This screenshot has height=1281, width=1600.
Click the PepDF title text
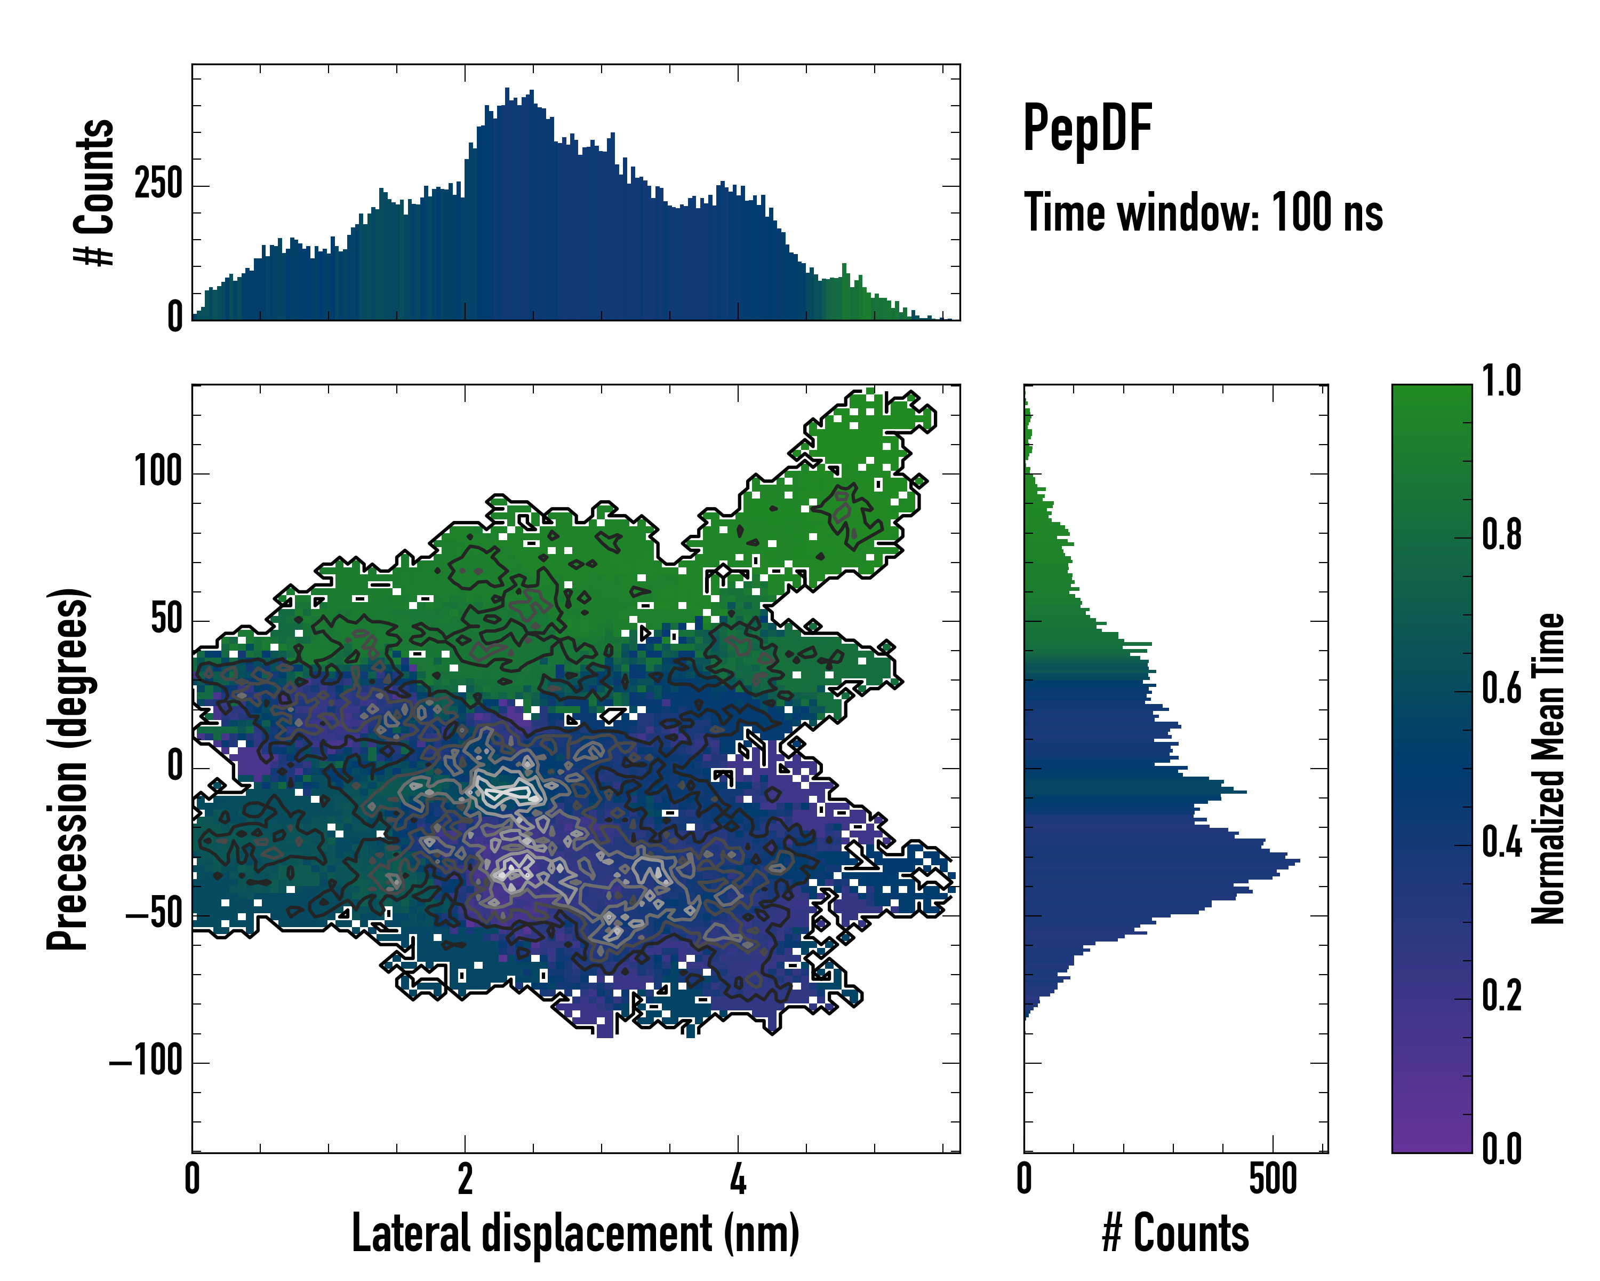click(x=1087, y=129)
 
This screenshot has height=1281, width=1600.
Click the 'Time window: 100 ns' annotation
click(x=1203, y=213)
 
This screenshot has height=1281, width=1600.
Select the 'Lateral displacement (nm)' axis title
click(x=575, y=1233)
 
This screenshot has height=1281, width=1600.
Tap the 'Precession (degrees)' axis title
click(x=68, y=769)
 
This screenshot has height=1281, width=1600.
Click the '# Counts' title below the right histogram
click(x=1175, y=1233)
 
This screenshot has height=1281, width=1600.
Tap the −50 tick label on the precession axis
click(x=154, y=914)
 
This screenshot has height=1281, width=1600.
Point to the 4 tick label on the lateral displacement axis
click(x=738, y=1179)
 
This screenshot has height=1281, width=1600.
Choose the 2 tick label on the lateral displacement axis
click(x=465, y=1179)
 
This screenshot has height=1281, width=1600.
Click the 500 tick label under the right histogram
click(x=1273, y=1179)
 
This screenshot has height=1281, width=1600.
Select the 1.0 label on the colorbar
click(x=1501, y=382)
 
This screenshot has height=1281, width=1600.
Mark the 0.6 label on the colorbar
click(x=1501, y=689)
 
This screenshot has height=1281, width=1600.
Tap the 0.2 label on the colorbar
click(x=1501, y=997)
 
